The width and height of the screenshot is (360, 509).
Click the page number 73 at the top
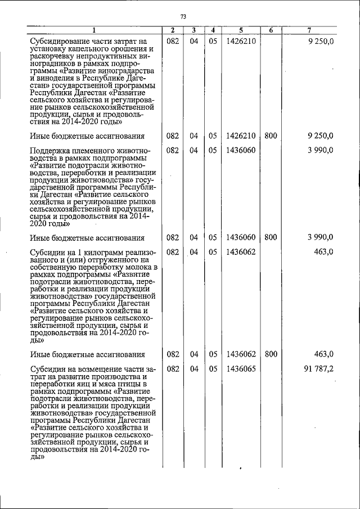tap(183, 15)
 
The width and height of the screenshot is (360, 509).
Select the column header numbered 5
tap(240, 30)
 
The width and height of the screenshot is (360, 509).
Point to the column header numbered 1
tap(94, 30)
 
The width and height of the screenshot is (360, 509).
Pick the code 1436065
tap(241, 370)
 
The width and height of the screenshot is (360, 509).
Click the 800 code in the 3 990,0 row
tap(271, 237)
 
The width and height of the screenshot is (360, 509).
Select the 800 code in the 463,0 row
tap(271, 354)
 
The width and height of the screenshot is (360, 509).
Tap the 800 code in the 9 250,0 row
tap(271, 136)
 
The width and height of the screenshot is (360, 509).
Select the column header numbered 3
tap(193, 30)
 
